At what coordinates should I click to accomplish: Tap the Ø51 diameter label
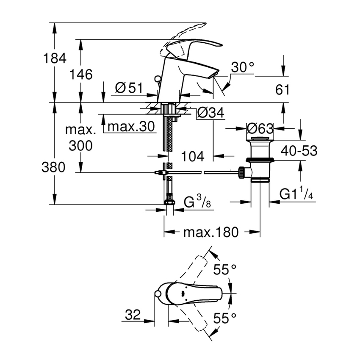click(x=130, y=88)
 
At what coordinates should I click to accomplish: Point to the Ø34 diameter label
click(x=210, y=113)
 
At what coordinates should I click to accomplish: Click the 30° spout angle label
click(x=243, y=67)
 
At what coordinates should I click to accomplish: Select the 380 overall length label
click(x=54, y=168)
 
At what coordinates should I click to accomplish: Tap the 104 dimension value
click(x=193, y=156)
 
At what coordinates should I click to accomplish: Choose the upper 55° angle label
click(x=224, y=269)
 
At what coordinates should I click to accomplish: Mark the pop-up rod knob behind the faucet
click(x=158, y=78)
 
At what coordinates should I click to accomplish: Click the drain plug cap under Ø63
click(x=260, y=139)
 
